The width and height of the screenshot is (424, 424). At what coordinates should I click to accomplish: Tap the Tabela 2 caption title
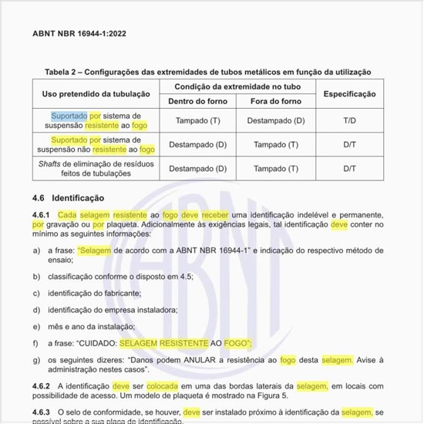coord(207,72)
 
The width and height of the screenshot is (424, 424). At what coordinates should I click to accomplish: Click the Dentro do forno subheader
coord(197,102)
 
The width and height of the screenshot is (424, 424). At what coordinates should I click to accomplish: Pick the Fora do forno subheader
coord(275,102)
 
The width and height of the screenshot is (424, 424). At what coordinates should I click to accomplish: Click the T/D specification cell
coord(349,120)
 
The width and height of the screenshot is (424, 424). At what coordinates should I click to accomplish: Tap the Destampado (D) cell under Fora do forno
coord(276,120)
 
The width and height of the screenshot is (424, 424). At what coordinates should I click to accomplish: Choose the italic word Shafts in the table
coord(52,163)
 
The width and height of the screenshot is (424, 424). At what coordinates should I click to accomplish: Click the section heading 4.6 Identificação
coord(71,197)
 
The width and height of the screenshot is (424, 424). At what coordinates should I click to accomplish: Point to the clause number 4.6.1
coord(41,214)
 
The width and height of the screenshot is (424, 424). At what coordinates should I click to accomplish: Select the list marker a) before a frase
coord(36,251)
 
